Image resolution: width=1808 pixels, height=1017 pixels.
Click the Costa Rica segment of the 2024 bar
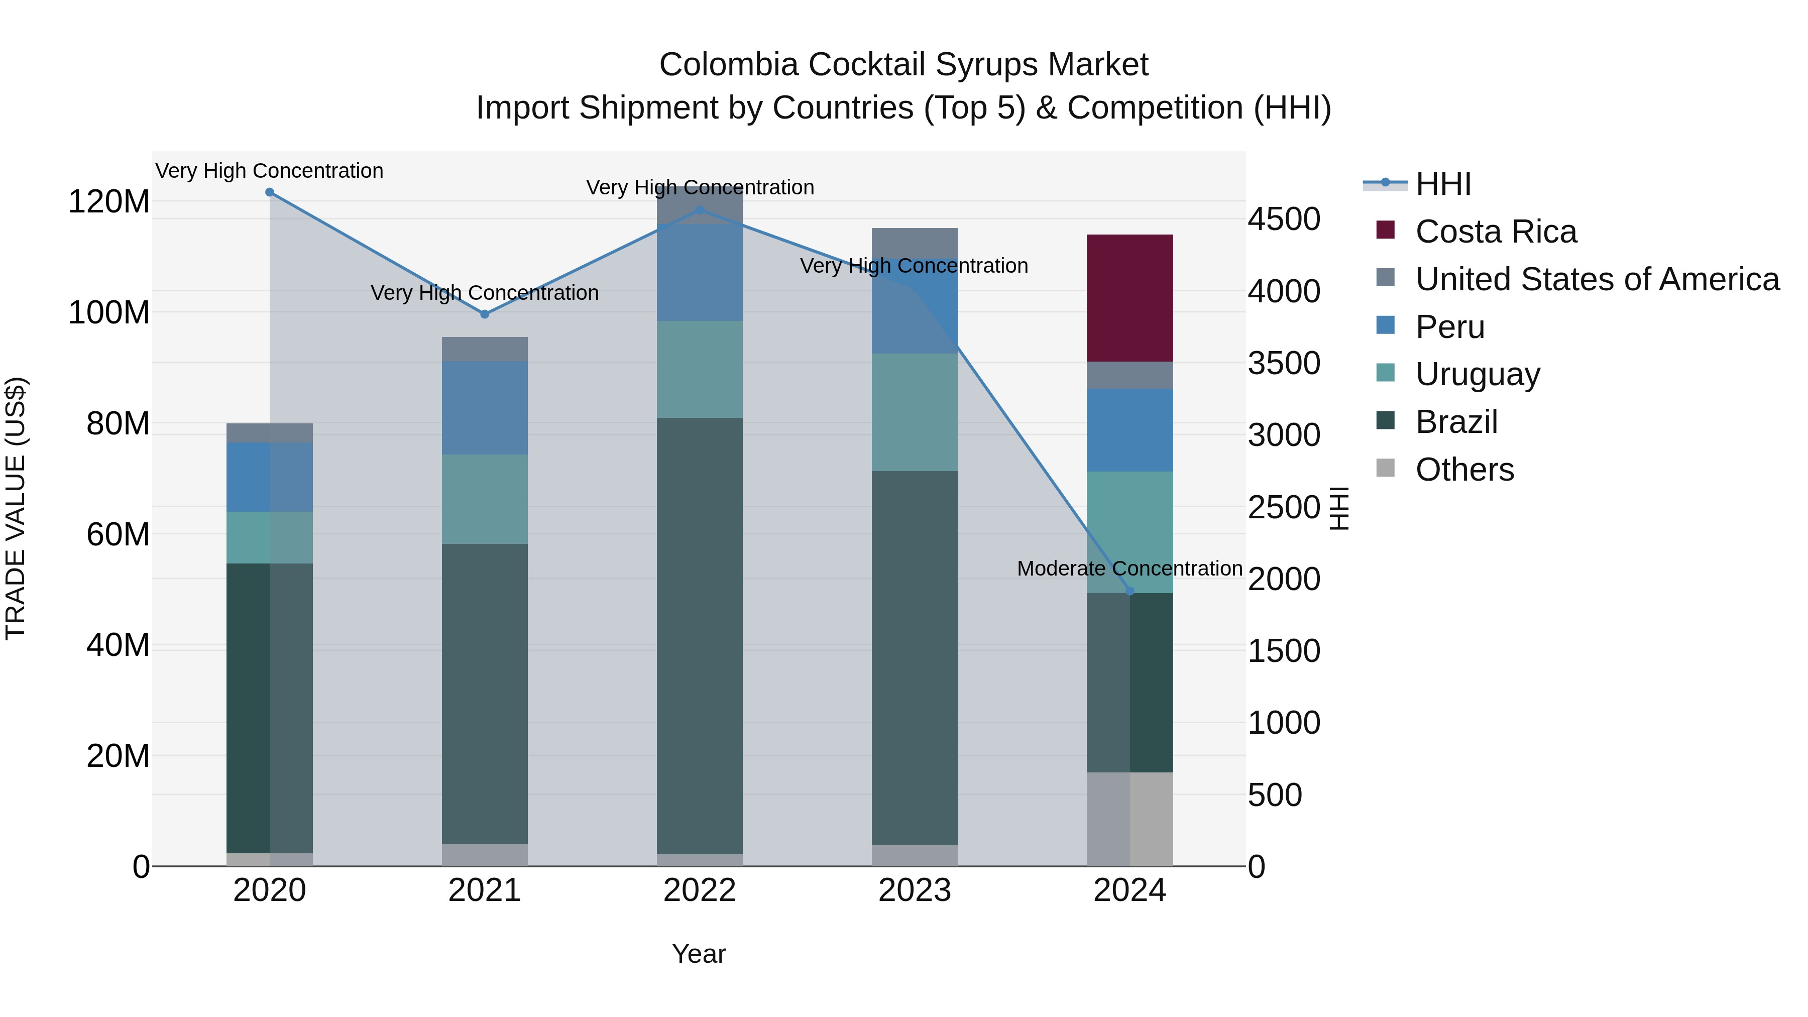point(1129,298)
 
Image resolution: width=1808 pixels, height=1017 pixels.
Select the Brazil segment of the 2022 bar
point(699,635)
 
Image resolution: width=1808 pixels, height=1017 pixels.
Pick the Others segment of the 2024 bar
point(1129,819)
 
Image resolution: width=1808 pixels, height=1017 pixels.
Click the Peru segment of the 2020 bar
point(270,477)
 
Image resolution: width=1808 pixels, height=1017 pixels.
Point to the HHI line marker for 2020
point(270,192)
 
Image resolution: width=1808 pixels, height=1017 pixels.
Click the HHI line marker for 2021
point(484,314)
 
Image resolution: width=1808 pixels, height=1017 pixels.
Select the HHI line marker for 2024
point(1129,591)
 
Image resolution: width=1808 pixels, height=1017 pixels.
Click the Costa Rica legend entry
point(1495,232)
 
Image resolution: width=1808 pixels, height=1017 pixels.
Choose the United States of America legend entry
point(1597,279)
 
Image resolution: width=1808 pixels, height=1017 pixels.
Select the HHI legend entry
point(1442,184)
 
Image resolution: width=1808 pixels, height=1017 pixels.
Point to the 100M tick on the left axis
point(109,312)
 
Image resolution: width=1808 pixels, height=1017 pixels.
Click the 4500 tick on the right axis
point(1284,219)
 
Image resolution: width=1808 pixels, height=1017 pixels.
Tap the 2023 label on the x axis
point(914,890)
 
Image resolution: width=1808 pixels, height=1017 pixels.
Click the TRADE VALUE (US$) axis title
point(16,508)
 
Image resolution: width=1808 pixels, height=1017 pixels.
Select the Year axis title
point(699,954)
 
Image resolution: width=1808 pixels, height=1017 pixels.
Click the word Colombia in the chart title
point(729,65)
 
